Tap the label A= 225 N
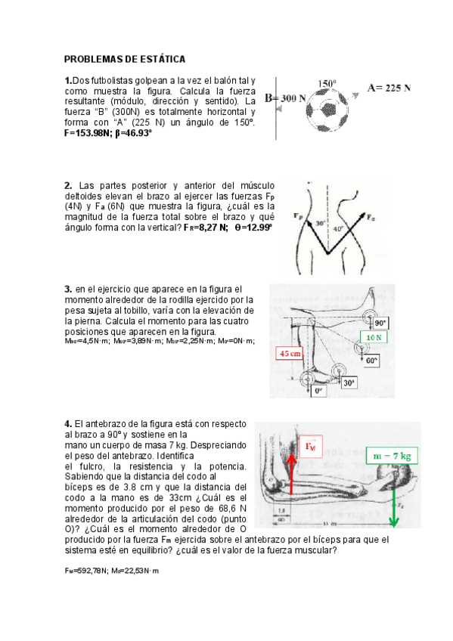[x=389, y=88]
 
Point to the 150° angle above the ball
[x=327, y=83]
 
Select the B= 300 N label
[x=285, y=98]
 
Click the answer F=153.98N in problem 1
[x=88, y=132]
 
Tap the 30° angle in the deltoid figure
[x=320, y=224]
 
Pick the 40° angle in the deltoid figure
[x=337, y=228]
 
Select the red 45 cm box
[x=290, y=354]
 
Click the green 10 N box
[x=374, y=337]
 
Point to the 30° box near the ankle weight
[x=348, y=383]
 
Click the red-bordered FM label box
[x=309, y=446]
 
